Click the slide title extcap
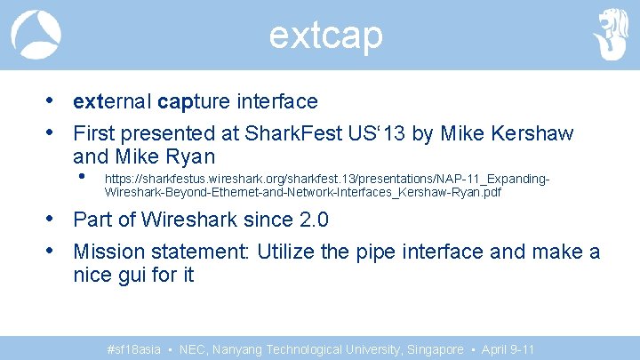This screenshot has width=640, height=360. (x=325, y=36)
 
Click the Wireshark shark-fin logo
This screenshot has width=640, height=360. (x=36, y=35)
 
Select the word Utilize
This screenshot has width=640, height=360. (x=286, y=252)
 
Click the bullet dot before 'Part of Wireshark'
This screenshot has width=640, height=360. (x=53, y=219)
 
